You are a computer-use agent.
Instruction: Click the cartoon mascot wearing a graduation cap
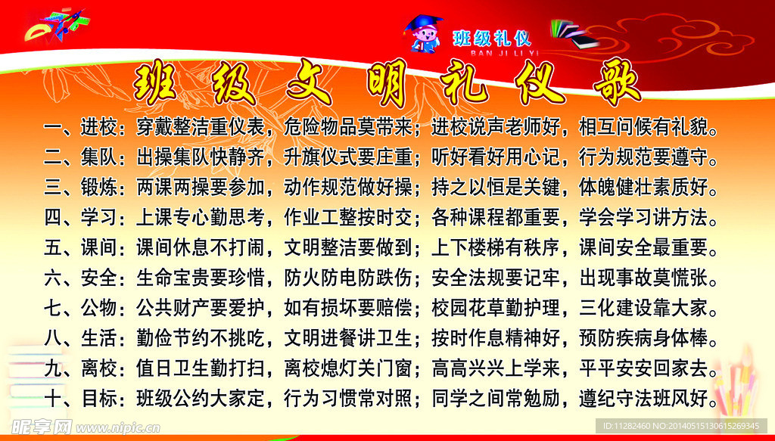pyautogui.click(x=425, y=35)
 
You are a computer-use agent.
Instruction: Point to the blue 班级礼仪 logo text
pyautogui.click(x=492, y=37)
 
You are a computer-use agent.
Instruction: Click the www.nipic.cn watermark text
pyautogui.click(x=118, y=428)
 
